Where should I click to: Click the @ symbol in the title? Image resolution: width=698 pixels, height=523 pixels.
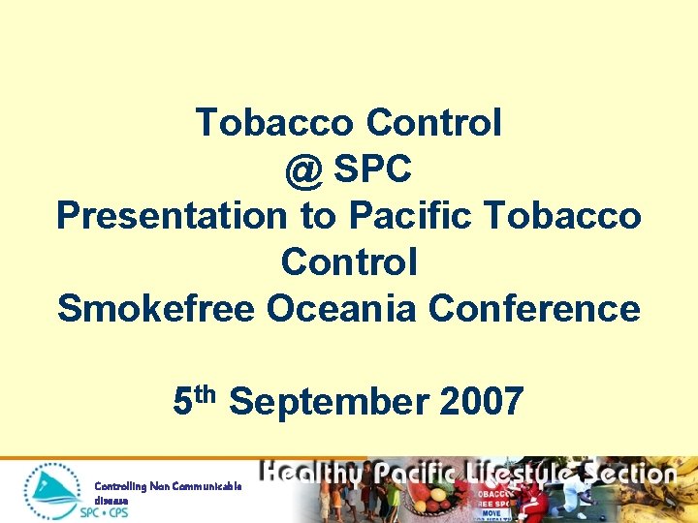coord(304,170)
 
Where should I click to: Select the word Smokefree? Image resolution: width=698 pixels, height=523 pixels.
coord(154,308)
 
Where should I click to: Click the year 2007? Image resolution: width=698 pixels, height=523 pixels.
coord(481,400)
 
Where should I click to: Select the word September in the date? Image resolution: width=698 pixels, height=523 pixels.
coord(331,400)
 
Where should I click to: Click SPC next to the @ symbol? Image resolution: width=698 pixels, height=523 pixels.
coord(373,170)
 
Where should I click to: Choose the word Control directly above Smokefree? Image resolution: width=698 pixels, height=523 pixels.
coord(349,261)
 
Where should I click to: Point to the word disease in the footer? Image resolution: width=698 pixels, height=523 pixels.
coord(110,500)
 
